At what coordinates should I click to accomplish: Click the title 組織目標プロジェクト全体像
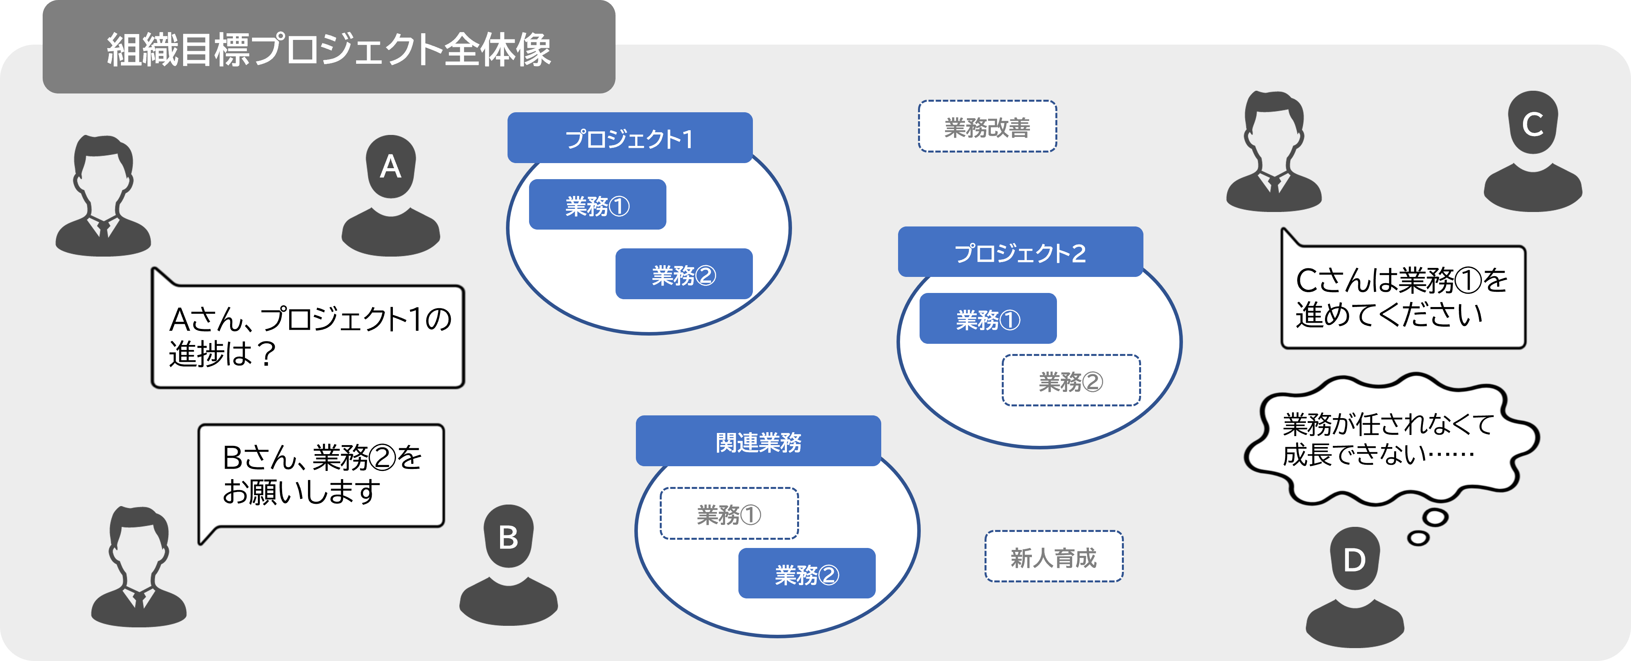329,49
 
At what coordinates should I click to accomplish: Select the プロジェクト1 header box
629,138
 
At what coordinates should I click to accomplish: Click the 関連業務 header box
758,441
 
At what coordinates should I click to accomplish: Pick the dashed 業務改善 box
987,127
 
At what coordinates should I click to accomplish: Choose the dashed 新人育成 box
1053,557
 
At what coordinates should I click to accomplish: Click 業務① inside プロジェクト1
597,205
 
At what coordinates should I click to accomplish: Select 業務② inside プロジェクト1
684,274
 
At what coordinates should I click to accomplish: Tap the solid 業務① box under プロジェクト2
988,318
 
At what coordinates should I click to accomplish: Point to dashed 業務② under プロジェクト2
1071,381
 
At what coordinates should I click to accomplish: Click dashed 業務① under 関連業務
729,514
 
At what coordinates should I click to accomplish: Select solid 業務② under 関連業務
806,574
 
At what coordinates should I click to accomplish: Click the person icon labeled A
391,196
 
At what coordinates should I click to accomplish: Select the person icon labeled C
1533,152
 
